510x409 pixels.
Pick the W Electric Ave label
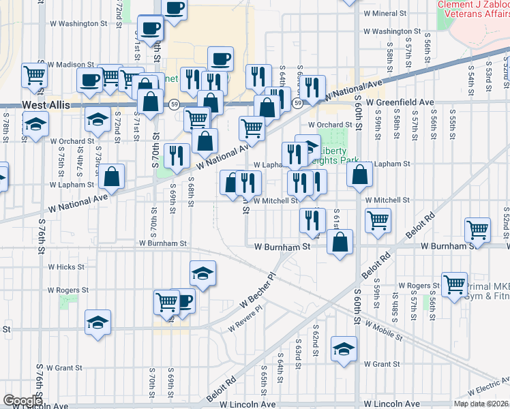pos(486,389)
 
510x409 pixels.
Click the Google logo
pos(22,401)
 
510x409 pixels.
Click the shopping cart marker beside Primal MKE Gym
pos(454,283)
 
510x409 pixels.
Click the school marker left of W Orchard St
pos(35,123)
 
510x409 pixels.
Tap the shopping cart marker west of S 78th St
pos(34,75)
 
